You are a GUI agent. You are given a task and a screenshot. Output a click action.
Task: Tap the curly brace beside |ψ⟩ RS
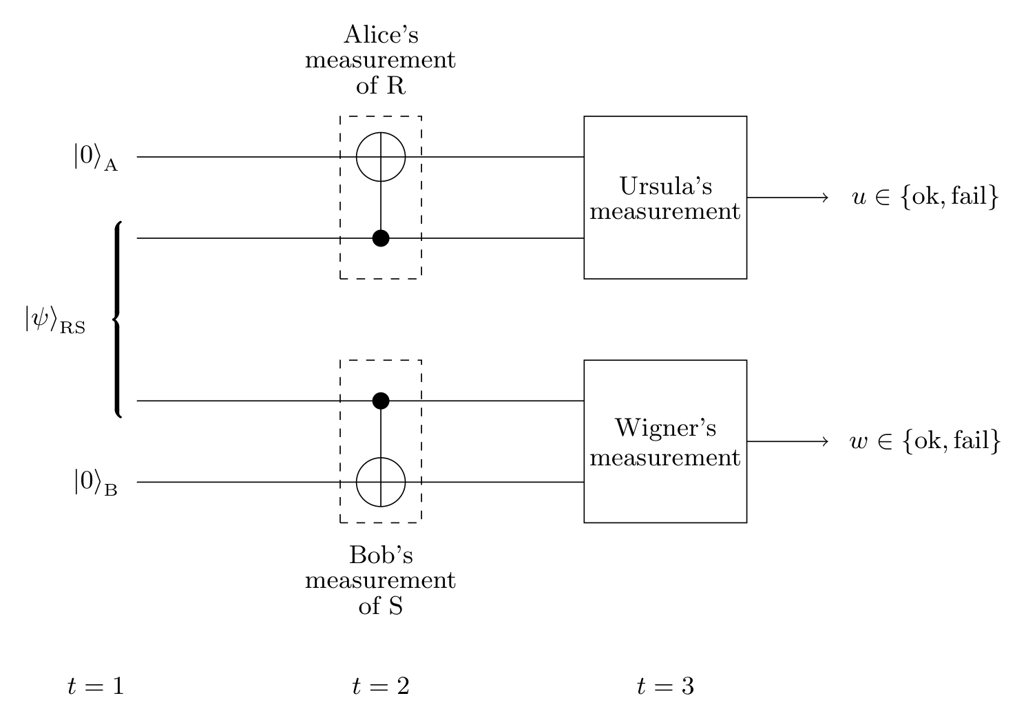[x=117, y=319]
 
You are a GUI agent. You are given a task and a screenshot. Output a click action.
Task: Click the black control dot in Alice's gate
[x=381, y=238]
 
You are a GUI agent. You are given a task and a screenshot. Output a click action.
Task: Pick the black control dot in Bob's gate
[x=381, y=401]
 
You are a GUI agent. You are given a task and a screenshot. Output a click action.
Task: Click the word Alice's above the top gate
[x=381, y=35]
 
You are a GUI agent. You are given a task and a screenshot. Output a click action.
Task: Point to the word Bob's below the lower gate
[x=381, y=555]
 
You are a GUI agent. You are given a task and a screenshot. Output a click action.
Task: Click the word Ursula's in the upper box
[x=666, y=186]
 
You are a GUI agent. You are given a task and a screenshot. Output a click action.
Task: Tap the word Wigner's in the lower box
[x=666, y=429]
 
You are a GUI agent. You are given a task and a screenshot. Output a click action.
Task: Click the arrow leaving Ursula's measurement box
[x=788, y=198]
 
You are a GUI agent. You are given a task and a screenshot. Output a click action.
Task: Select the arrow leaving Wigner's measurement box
[x=788, y=441]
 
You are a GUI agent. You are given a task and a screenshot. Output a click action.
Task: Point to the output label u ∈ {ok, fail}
[x=925, y=197]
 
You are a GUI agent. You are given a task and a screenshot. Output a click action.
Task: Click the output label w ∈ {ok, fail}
[x=925, y=441]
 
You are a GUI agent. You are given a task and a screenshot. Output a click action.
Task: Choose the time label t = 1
[x=96, y=686]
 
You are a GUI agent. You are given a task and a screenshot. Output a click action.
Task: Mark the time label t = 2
[x=381, y=686]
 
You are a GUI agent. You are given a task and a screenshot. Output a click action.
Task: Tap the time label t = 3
[x=666, y=686]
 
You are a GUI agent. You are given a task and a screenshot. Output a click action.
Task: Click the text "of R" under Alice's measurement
[x=381, y=85]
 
